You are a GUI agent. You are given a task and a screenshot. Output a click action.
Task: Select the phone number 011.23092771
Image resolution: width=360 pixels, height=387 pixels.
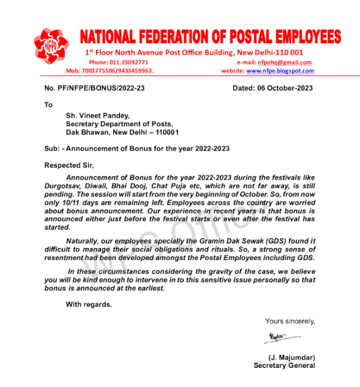(x=127, y=62)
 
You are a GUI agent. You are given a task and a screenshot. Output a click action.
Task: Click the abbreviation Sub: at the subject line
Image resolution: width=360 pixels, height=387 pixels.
(x=52, y=148)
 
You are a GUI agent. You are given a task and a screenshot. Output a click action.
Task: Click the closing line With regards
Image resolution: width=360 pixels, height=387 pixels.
(x=89, y=304)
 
